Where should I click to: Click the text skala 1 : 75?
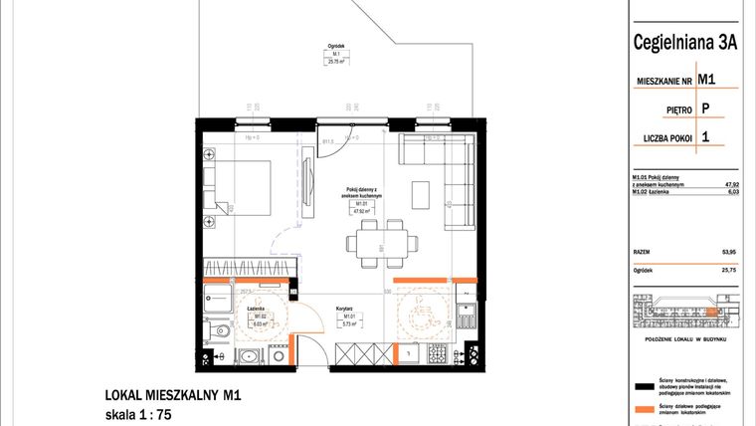coord(138,415)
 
